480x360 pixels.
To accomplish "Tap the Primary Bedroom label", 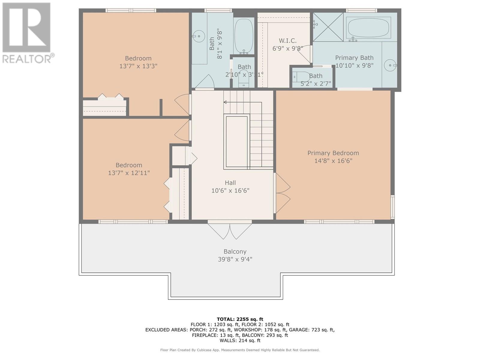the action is (333, 153).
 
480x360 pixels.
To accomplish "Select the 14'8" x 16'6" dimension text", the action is (333, 161).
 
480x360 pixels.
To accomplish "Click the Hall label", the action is (230, 183).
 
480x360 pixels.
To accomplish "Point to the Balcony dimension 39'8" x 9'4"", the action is (235, 259).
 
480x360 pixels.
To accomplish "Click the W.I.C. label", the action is (288, 41).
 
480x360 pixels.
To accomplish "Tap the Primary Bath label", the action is (354, 58).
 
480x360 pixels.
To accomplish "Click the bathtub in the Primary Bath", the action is (368, 28).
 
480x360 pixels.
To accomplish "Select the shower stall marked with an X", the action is (328, 27).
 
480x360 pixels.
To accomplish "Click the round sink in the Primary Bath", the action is (390, 65).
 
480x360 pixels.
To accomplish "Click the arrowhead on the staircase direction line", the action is (225, 102).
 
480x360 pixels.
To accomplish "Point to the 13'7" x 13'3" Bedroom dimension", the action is (138, 66).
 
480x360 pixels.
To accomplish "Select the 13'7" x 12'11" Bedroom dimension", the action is (129, 173).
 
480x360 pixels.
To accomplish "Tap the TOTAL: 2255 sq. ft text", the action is (240, 319).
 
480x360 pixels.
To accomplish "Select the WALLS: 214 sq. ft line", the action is (240, 340).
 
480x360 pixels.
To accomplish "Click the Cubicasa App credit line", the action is (240, 350).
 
